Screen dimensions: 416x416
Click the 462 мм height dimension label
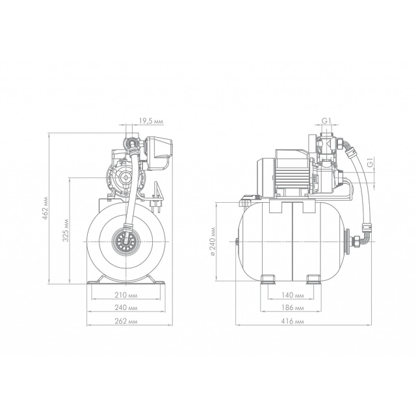(x=45, y=208)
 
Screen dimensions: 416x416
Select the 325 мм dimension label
(x=66, y=231)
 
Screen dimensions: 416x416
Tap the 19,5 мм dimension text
(x=151, y=122)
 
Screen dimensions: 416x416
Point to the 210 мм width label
(x=126, y=295)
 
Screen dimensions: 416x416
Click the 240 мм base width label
(x=126, y=307)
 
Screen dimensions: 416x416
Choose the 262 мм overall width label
(x=126, y=321)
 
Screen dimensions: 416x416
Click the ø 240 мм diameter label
(x=213, y=241)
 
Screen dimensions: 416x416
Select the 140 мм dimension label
(x=292, y=295)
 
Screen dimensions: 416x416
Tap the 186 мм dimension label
(x=292, y=307)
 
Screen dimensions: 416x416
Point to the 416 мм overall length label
(x=292, y=321)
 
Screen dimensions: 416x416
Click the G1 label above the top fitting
(x=326, y=121)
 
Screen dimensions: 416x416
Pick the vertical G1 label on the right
(x=371, y=162)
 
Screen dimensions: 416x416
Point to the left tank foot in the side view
(x=268, y=279)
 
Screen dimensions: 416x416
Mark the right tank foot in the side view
(x=314, y=279)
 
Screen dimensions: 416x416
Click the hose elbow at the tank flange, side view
(x=365, y=235)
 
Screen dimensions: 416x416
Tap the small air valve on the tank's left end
(x=237, y=242)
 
